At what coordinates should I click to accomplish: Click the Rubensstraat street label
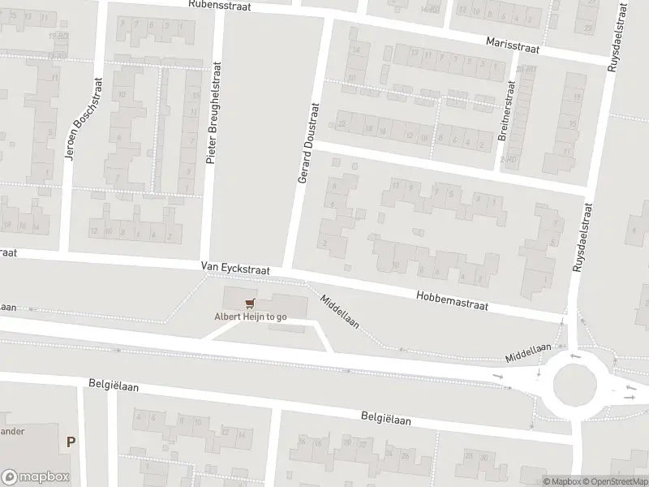[x=219, y=5]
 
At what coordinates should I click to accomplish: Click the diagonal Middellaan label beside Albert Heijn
[x=340, y=312]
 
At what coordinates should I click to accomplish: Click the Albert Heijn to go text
[x=250, y=317]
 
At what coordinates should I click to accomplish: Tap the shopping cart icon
[x=250, y=304]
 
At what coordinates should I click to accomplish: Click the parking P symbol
[x=71, y=442]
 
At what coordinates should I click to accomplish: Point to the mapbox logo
[x=35, y=477]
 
